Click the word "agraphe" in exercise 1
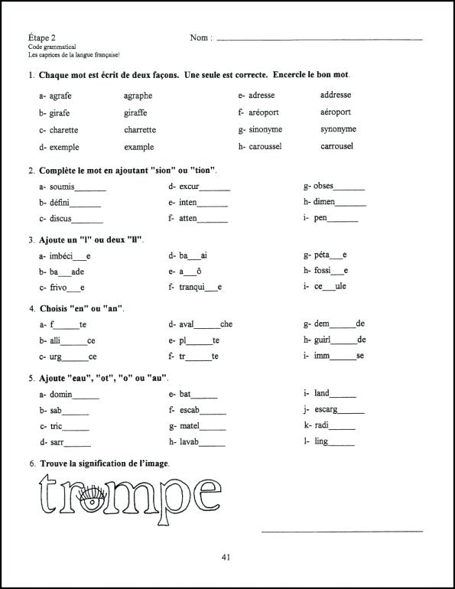point(138,96)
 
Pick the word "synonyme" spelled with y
point(338,129)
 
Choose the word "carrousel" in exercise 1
point(336,146)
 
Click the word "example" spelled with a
point(138,147)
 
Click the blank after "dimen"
point(351,205)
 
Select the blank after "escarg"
point(350,411)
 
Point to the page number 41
point(226,557)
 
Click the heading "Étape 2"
point(41,37)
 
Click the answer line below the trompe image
point(342,530)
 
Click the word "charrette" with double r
point(140,130)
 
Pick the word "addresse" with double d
point(336,96)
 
